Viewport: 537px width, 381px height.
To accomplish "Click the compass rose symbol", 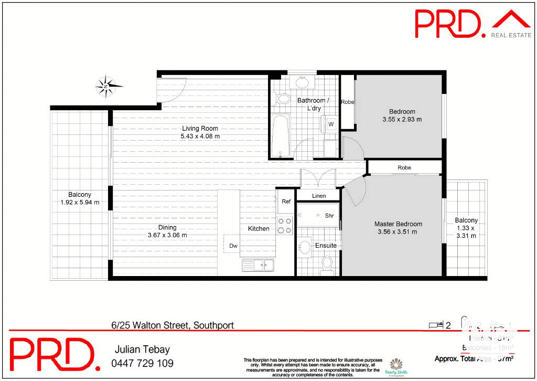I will click(108, 86).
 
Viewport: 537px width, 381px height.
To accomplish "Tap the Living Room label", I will click(200, 129).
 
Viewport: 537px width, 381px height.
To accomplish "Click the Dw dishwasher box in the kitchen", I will click(233, 245).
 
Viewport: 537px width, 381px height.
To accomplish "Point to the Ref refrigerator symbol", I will click(286, 202).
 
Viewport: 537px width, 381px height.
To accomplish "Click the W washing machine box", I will click(331, 124).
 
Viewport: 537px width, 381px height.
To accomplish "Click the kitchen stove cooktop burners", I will click(284, 226).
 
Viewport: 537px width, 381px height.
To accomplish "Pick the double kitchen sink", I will click(257, 266).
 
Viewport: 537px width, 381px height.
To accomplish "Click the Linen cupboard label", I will click(318, 196).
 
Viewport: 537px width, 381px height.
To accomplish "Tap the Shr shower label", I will click(329, 216).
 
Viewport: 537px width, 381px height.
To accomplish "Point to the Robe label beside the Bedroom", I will click(347, 102).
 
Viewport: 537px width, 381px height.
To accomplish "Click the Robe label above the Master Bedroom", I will click(404, 168).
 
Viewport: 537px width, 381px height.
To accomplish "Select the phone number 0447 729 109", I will click(142, 363).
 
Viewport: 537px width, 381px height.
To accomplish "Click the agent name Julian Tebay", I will click(142, 350).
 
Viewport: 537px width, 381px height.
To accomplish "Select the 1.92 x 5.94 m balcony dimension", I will click(80, 202).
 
